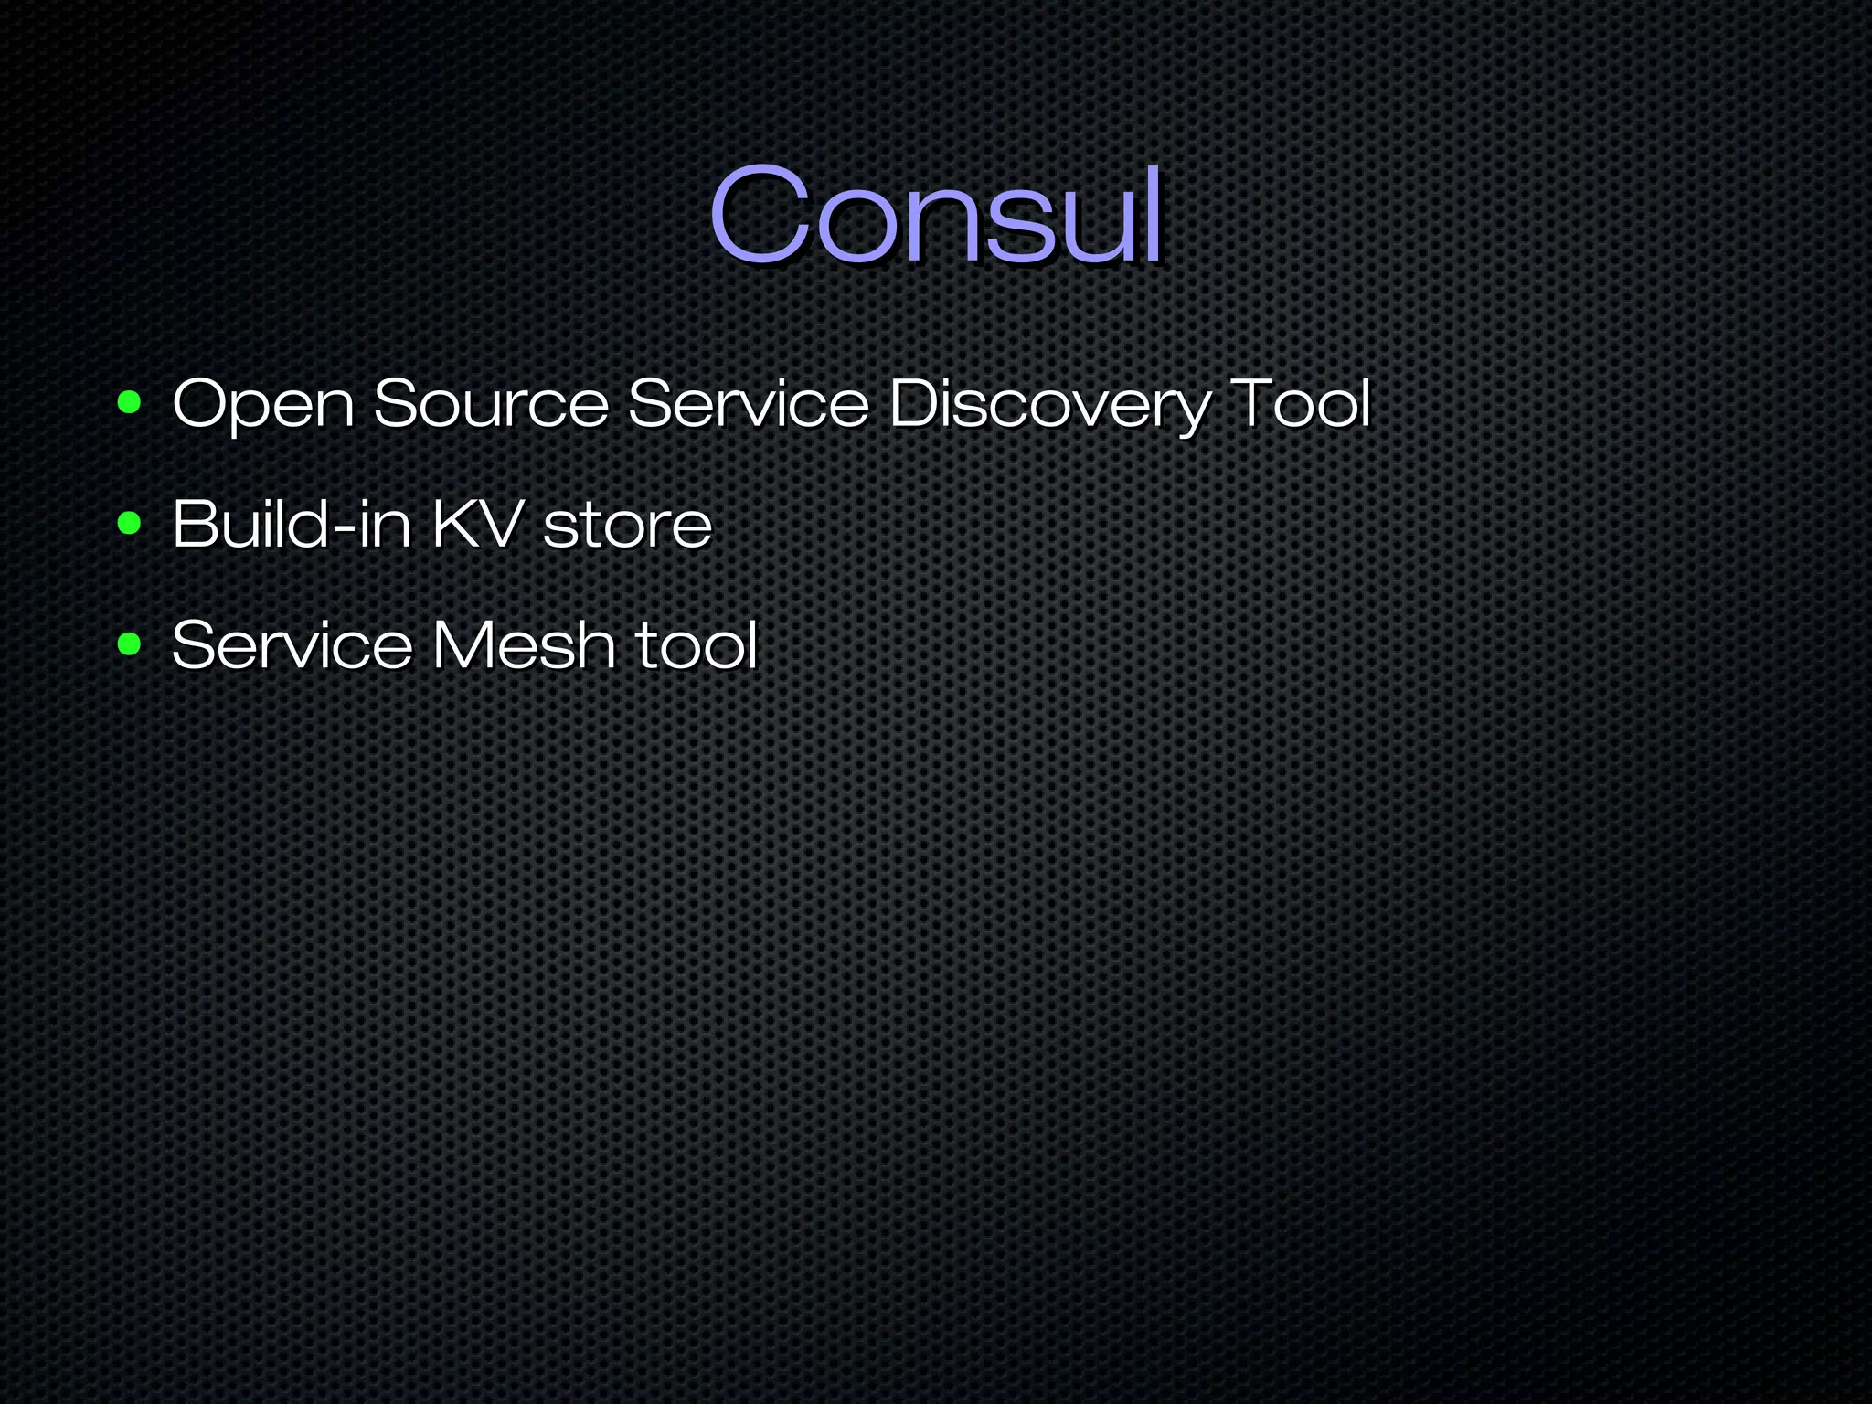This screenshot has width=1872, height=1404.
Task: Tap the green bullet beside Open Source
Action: pyautogui.click(x=130, y=402)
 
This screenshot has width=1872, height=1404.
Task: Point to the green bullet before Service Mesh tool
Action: pyautogui.click(x=130, y=644)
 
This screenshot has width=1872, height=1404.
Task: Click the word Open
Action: pyautogui.click(x=263, y=404)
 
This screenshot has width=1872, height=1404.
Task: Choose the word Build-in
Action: pyautogui.click(x=292, y=524)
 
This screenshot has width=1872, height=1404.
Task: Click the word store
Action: pyautogui.click(x=627, y=526)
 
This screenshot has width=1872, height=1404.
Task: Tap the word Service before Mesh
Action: pyautogui.click(x=292, y=644)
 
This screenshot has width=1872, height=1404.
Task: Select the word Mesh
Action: pyautogui.click(x=523, y=644)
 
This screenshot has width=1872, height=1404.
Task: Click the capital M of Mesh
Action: pyautogui.click(x=463, y=644)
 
